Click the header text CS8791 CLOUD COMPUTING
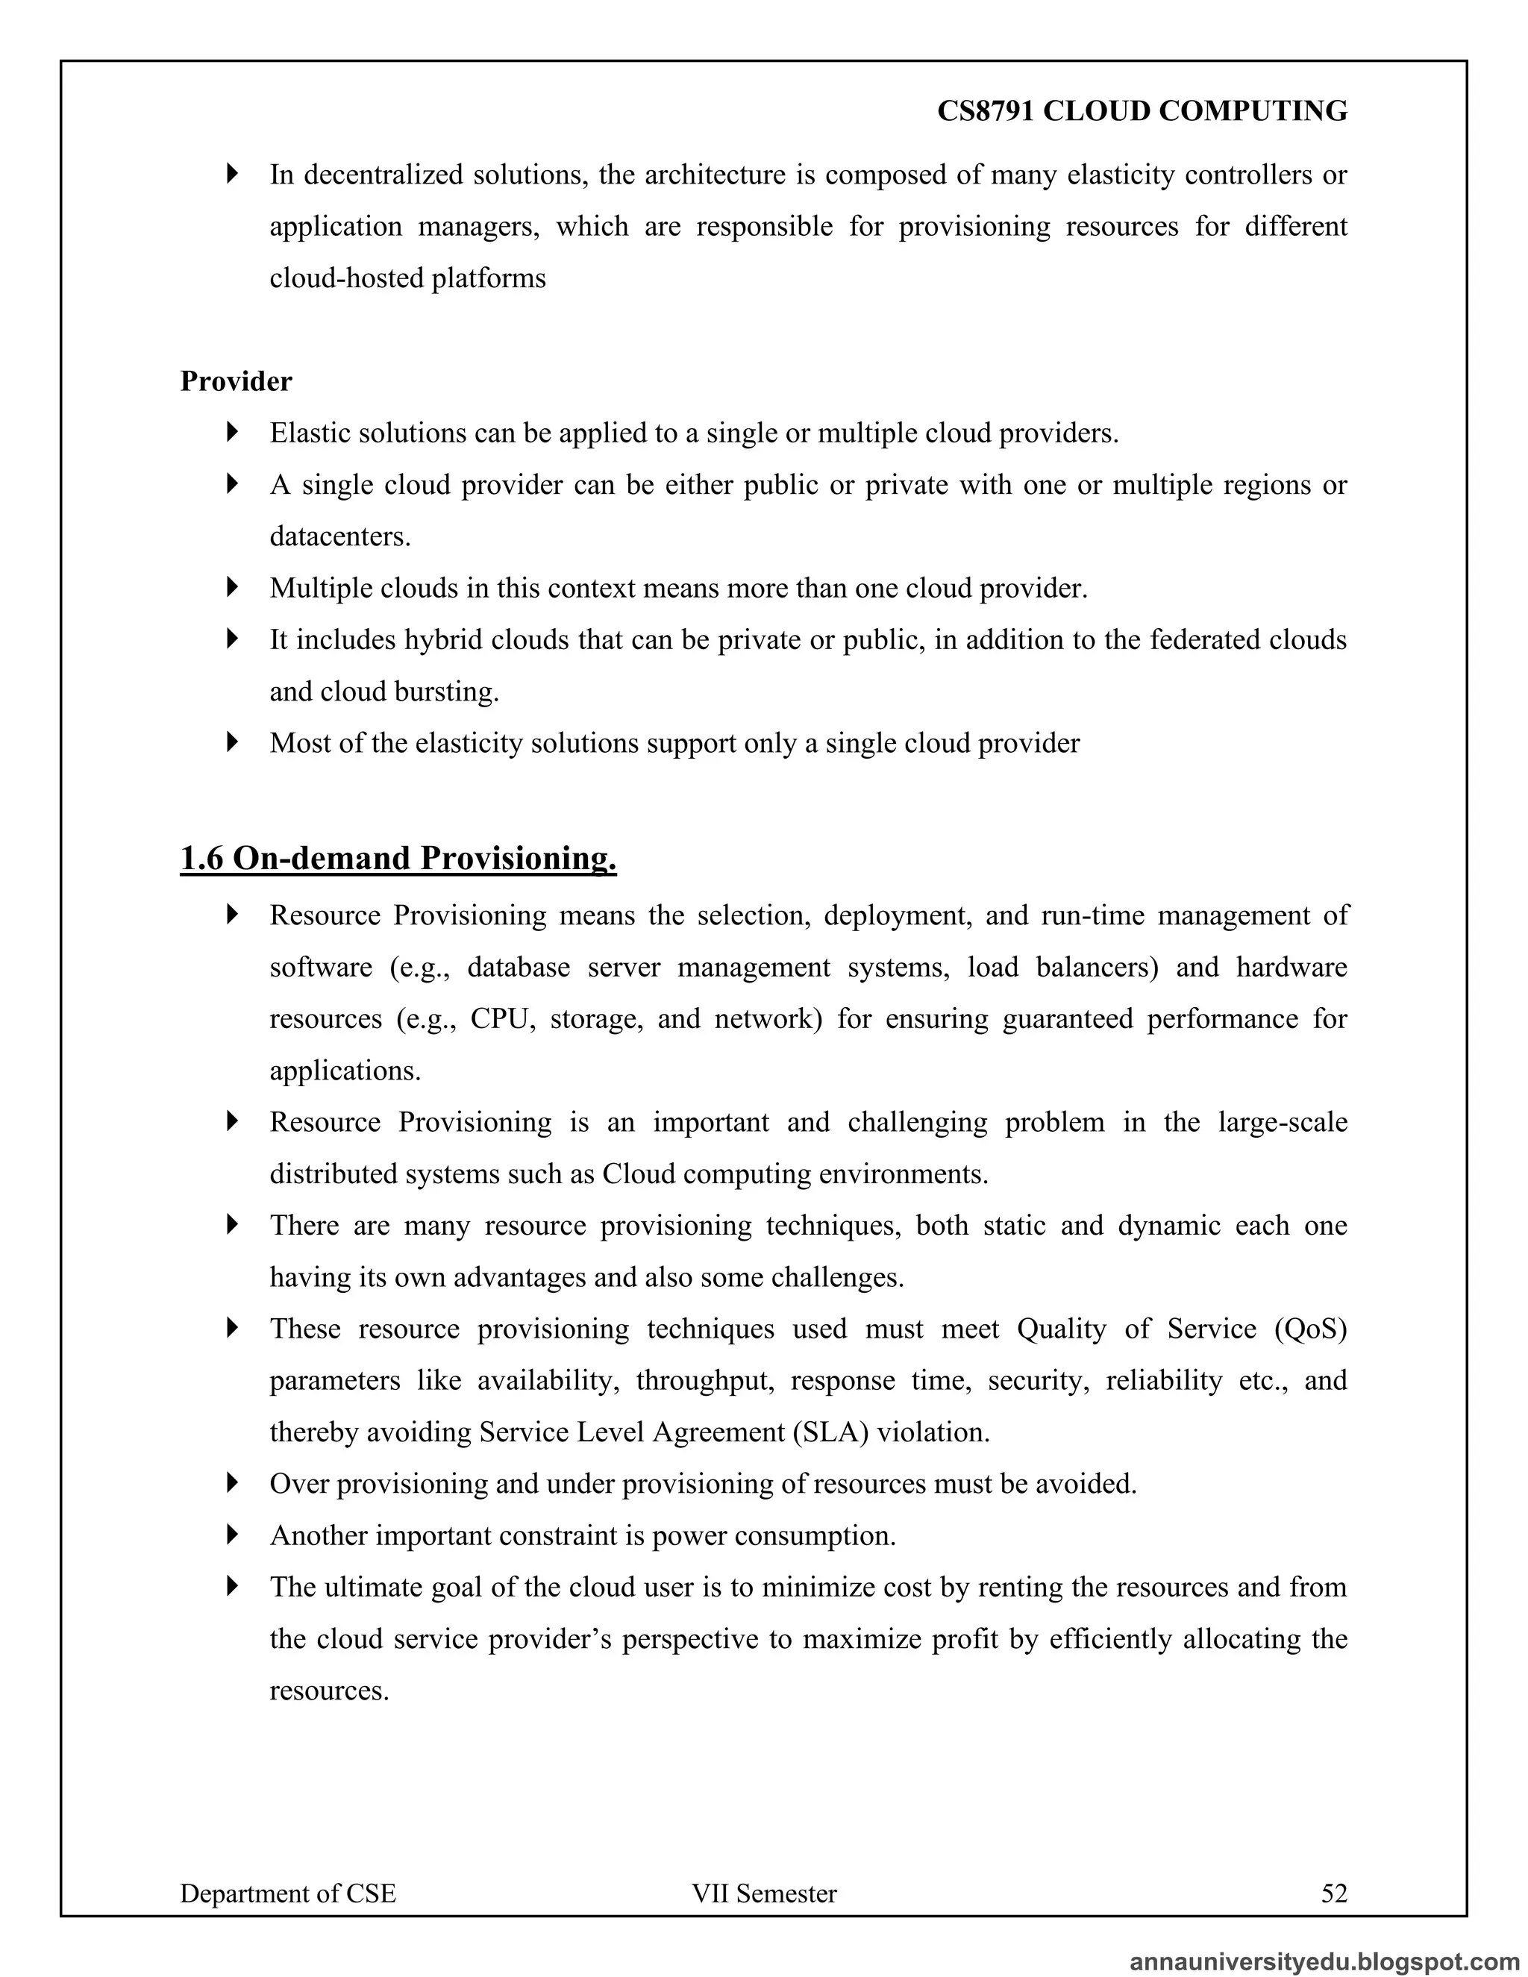click(1142, 111)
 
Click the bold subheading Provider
click(235, 381)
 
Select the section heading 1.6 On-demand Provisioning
click(398, 858)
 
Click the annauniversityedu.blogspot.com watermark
click(1324, 1961)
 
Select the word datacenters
click(339, 537)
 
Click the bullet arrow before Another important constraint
click(233, 1535)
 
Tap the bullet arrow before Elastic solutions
click(233, 432)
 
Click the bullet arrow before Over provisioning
click(233, 1483)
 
